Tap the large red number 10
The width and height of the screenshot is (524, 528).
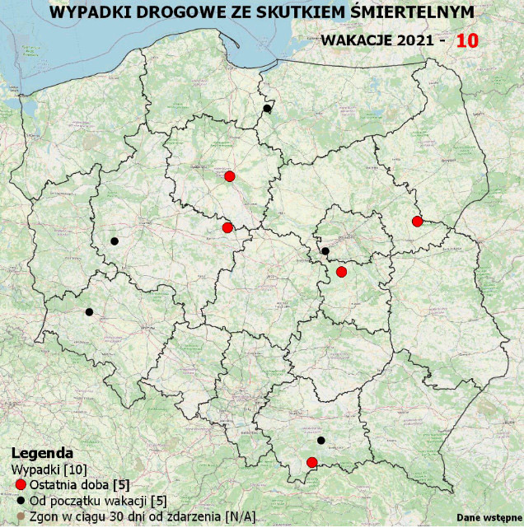click(x=467, y=40)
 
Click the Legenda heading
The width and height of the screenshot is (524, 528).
click(x=42, y=453)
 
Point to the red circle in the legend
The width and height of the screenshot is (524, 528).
click(x=21, y=484)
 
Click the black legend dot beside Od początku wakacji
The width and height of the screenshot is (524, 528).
click(x=21, y=500)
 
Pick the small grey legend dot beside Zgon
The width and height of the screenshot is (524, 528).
click(x=21, y=516)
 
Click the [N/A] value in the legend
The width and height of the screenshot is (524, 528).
click(x=240, y=516)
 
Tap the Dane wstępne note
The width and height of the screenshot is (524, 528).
click(x=489, y=517)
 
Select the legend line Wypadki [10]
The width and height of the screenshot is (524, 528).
click(x=40, y=469)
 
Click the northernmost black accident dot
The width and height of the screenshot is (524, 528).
click(x=267, y=109)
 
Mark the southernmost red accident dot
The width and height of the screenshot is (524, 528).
click(x=312, y=462)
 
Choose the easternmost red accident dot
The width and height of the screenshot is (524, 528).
click(x=417, y=221)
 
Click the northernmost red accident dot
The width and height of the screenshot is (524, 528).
click(x=230, y=176)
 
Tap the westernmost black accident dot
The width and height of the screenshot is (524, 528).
click(x=89, y=311)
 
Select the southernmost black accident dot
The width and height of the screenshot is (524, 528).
click(x=321, y=440)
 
